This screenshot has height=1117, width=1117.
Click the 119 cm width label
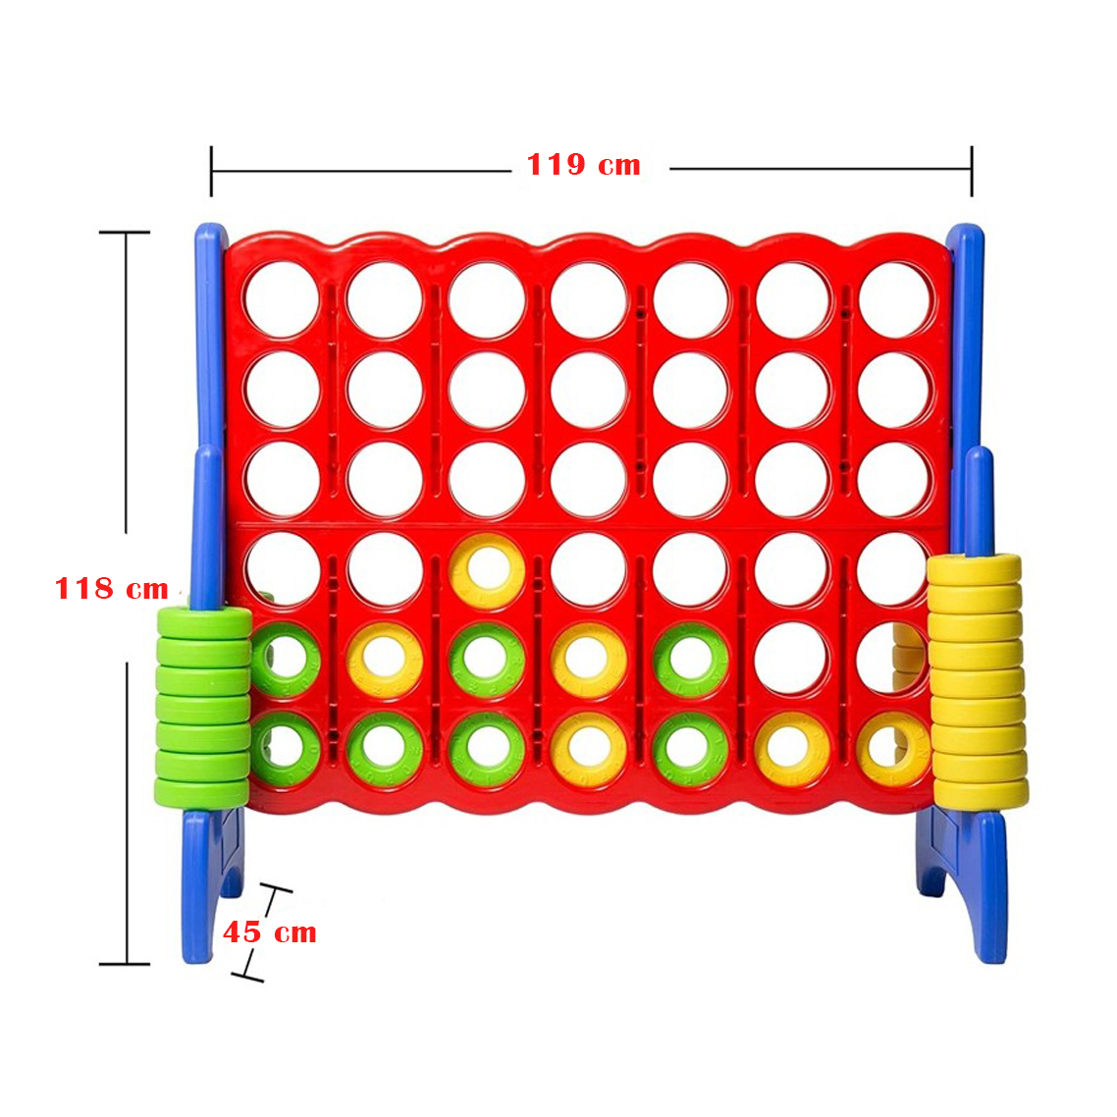pos(583,165)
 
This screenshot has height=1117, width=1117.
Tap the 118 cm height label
pos(112,589)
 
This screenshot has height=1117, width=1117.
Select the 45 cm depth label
pos(270,931)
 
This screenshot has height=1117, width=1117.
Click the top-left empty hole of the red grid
pos(282,300)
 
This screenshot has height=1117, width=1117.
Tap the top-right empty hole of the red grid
pos(895,300)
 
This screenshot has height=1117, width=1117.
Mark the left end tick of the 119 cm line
pos(211,171)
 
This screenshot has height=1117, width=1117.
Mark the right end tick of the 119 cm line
pos(972,171)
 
